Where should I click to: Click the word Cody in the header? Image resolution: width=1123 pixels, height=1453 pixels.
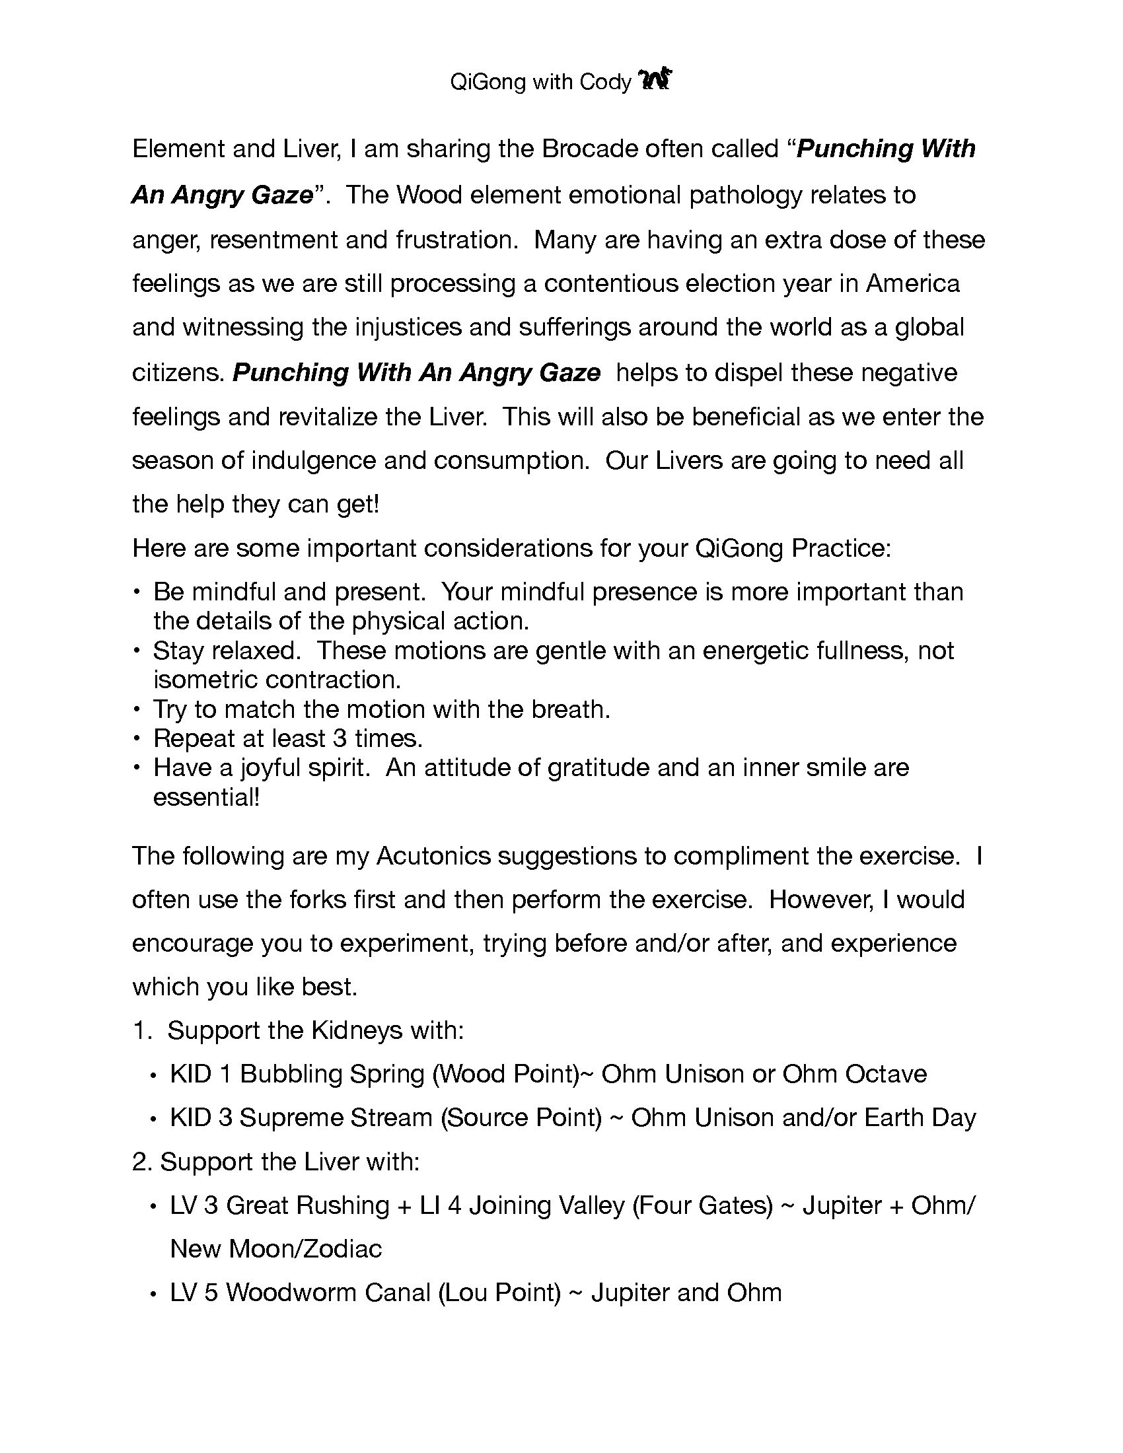[x=604, y=82]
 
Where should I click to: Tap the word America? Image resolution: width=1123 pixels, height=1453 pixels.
[x=912, y=284]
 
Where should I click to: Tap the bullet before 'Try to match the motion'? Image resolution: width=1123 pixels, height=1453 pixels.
[x=137, y=710]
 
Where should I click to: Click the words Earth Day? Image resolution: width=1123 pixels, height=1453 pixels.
[x=920, y=1118]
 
